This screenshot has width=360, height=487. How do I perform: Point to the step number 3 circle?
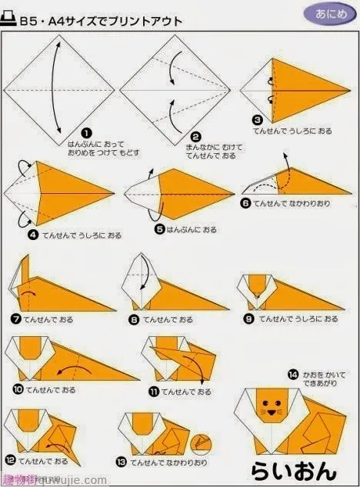(x=257, y=121)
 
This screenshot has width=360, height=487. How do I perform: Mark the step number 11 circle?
(x=154, y=391)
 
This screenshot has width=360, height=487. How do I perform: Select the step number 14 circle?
(x=292, y=375)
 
